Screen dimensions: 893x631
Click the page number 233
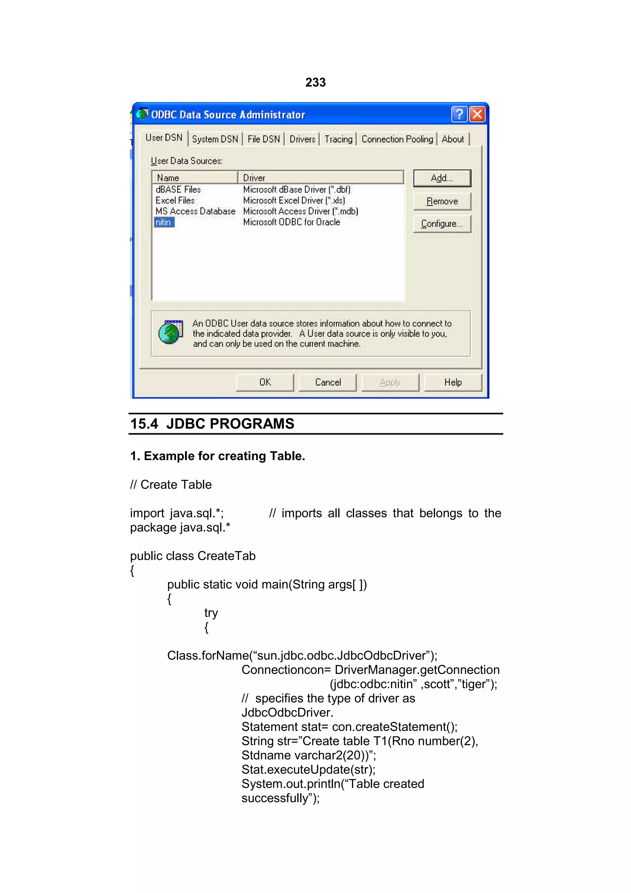tap(315, 83)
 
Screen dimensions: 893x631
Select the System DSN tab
tap(215, 139)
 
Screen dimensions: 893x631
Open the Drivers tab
tap(302, 139)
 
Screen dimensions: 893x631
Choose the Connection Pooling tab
tap(397, 139)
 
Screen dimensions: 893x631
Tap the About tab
tap(453, 139)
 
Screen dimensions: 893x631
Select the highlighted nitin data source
tap(164, 222)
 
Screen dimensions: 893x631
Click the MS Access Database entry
tap(195, 211)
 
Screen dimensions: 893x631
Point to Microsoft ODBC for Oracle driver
tap(291, 222)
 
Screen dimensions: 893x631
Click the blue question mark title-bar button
tap(459, 114)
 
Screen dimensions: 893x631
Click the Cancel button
tap(328, 382)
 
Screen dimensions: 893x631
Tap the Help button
tap(453, 382)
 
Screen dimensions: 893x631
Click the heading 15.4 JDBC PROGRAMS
tap(212, 424)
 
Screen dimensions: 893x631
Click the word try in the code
tap(211, 613)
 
